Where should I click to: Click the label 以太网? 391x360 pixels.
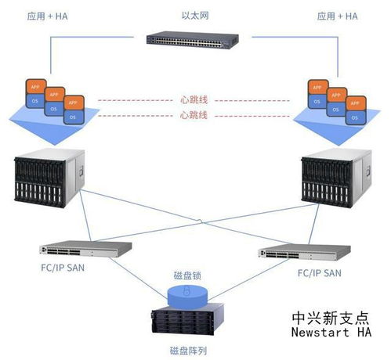click(195, 14)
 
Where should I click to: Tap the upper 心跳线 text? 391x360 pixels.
click(194, 100)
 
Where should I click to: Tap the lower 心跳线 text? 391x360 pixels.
click(194, 115)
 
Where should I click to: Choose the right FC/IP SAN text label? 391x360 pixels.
click(319, 273)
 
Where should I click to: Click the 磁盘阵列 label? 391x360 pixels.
click(187, 350)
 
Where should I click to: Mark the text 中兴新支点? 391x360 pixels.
click(329, 319)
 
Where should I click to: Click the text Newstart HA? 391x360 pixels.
click(329, 334)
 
